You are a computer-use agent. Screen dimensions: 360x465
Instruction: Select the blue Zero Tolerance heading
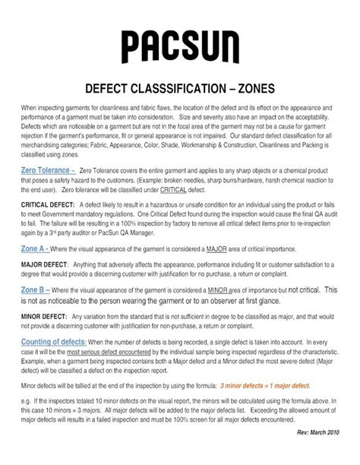(x=47, y=171)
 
